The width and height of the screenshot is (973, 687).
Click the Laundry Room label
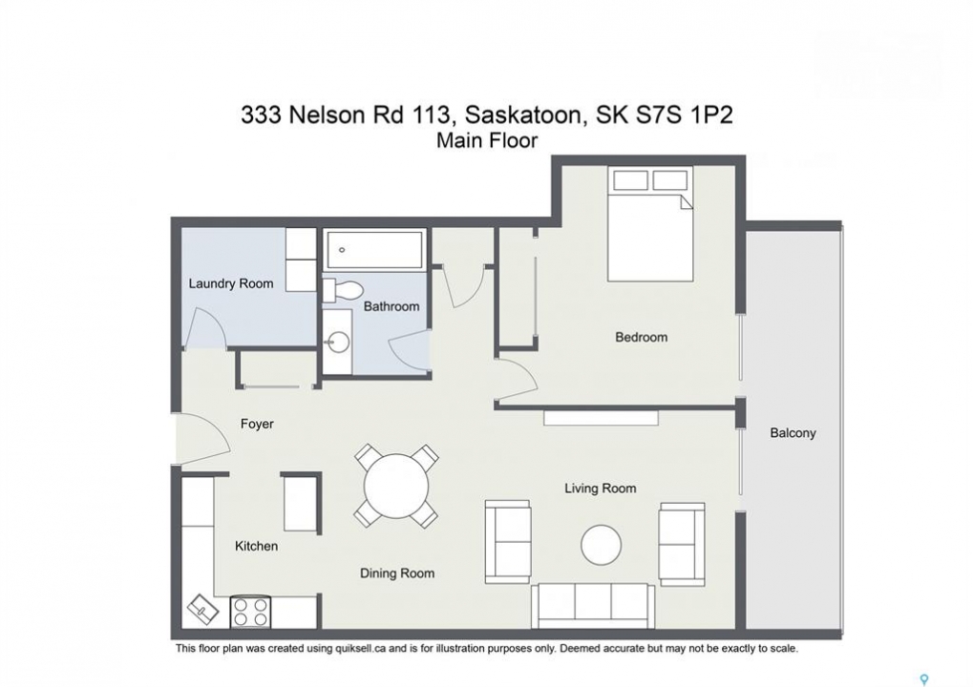[x=231, y=284]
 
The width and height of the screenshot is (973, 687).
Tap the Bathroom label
[x=391, y=306]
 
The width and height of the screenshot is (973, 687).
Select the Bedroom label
[x=641, y=338]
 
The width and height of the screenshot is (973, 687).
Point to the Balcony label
[x=793, y=433]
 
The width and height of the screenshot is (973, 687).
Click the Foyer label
[x=257, y=424]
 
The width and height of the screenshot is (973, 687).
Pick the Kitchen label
[x=256, y=546]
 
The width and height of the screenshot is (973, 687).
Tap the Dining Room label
[x=397, y=573]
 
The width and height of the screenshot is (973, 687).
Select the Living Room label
[x=600, y=489]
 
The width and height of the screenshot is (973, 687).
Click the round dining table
[x=396, y=485]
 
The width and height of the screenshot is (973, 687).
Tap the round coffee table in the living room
[x=601, y=545]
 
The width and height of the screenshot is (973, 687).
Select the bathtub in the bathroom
[x=374, y=250]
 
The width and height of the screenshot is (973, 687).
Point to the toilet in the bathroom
[x=343, y=288]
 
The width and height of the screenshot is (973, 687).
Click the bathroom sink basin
[x=339, y=343]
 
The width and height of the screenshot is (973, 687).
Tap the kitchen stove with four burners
[x=251, y=612]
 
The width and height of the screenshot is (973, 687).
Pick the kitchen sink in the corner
[x=202, y=610]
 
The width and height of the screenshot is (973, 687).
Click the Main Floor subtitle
[x=487, y=141]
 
